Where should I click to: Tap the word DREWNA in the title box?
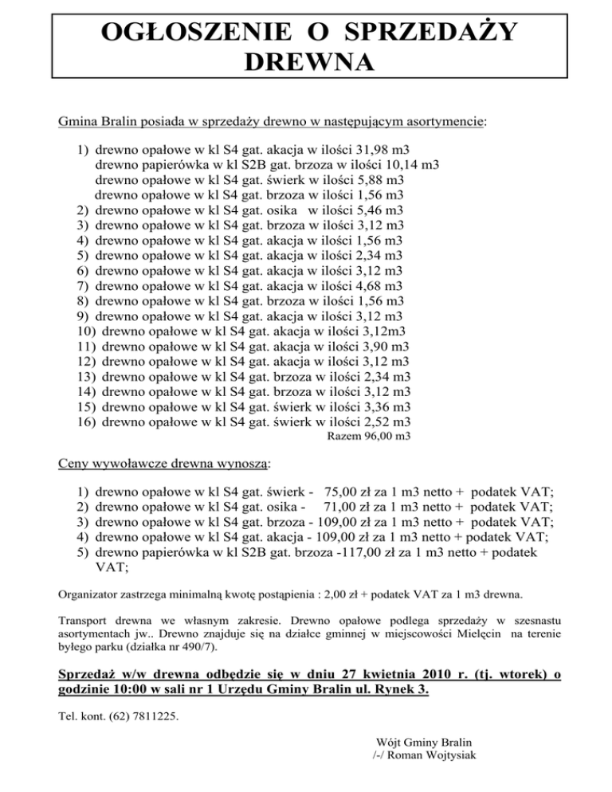306,62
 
